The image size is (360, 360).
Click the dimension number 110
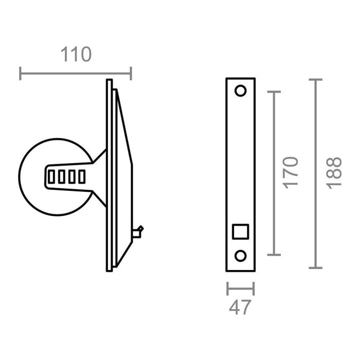76,55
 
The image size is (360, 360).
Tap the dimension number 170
291,172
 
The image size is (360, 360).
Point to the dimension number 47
240,308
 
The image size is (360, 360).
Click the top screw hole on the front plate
240,91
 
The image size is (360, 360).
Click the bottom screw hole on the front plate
240,256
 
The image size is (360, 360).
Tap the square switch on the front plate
240,231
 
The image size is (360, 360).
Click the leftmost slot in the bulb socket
51,177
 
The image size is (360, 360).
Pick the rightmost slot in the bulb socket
81,177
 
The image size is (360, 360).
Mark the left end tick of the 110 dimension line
21,74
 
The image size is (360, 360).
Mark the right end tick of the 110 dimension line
131,74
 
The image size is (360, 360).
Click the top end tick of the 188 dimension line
315,80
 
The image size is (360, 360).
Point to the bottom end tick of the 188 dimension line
315,267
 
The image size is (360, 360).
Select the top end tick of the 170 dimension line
275,92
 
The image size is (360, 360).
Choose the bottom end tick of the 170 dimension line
275,255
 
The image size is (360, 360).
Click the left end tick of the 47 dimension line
227,289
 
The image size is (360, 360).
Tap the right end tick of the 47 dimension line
254,289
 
